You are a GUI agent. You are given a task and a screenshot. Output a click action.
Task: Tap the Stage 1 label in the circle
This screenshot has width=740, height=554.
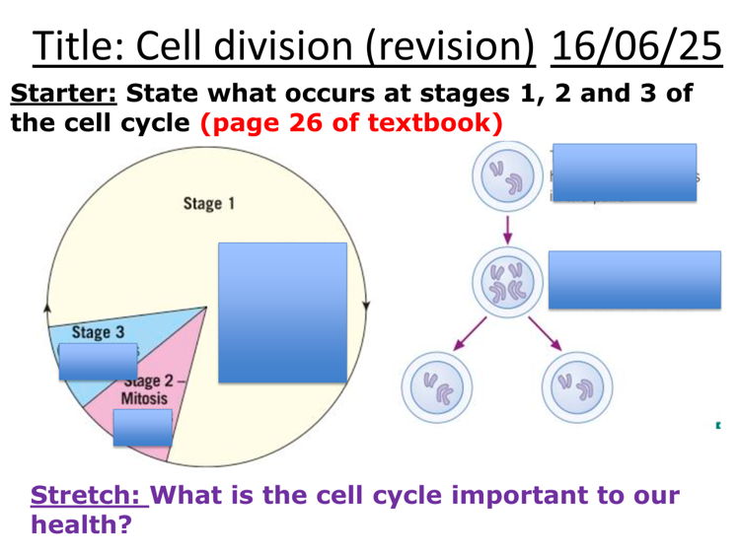(209, 203)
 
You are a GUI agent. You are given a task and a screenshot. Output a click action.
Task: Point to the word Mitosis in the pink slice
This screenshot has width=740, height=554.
(144, 399)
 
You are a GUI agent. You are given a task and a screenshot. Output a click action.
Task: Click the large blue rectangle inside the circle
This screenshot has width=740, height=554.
(282, 312)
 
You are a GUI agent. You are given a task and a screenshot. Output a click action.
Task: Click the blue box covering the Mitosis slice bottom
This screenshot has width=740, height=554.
(142, 427)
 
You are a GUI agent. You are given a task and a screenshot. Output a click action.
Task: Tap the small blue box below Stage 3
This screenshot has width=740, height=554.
(97, 362)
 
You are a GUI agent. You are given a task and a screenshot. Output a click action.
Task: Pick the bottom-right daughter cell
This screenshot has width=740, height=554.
(577, 384)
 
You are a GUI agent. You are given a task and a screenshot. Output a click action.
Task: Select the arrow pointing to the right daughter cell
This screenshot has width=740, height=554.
(545, 334)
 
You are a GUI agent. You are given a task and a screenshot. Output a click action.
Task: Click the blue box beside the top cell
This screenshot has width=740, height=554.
(624, 173)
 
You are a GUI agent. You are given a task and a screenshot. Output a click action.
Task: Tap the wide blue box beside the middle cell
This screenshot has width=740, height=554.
(633, 280)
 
